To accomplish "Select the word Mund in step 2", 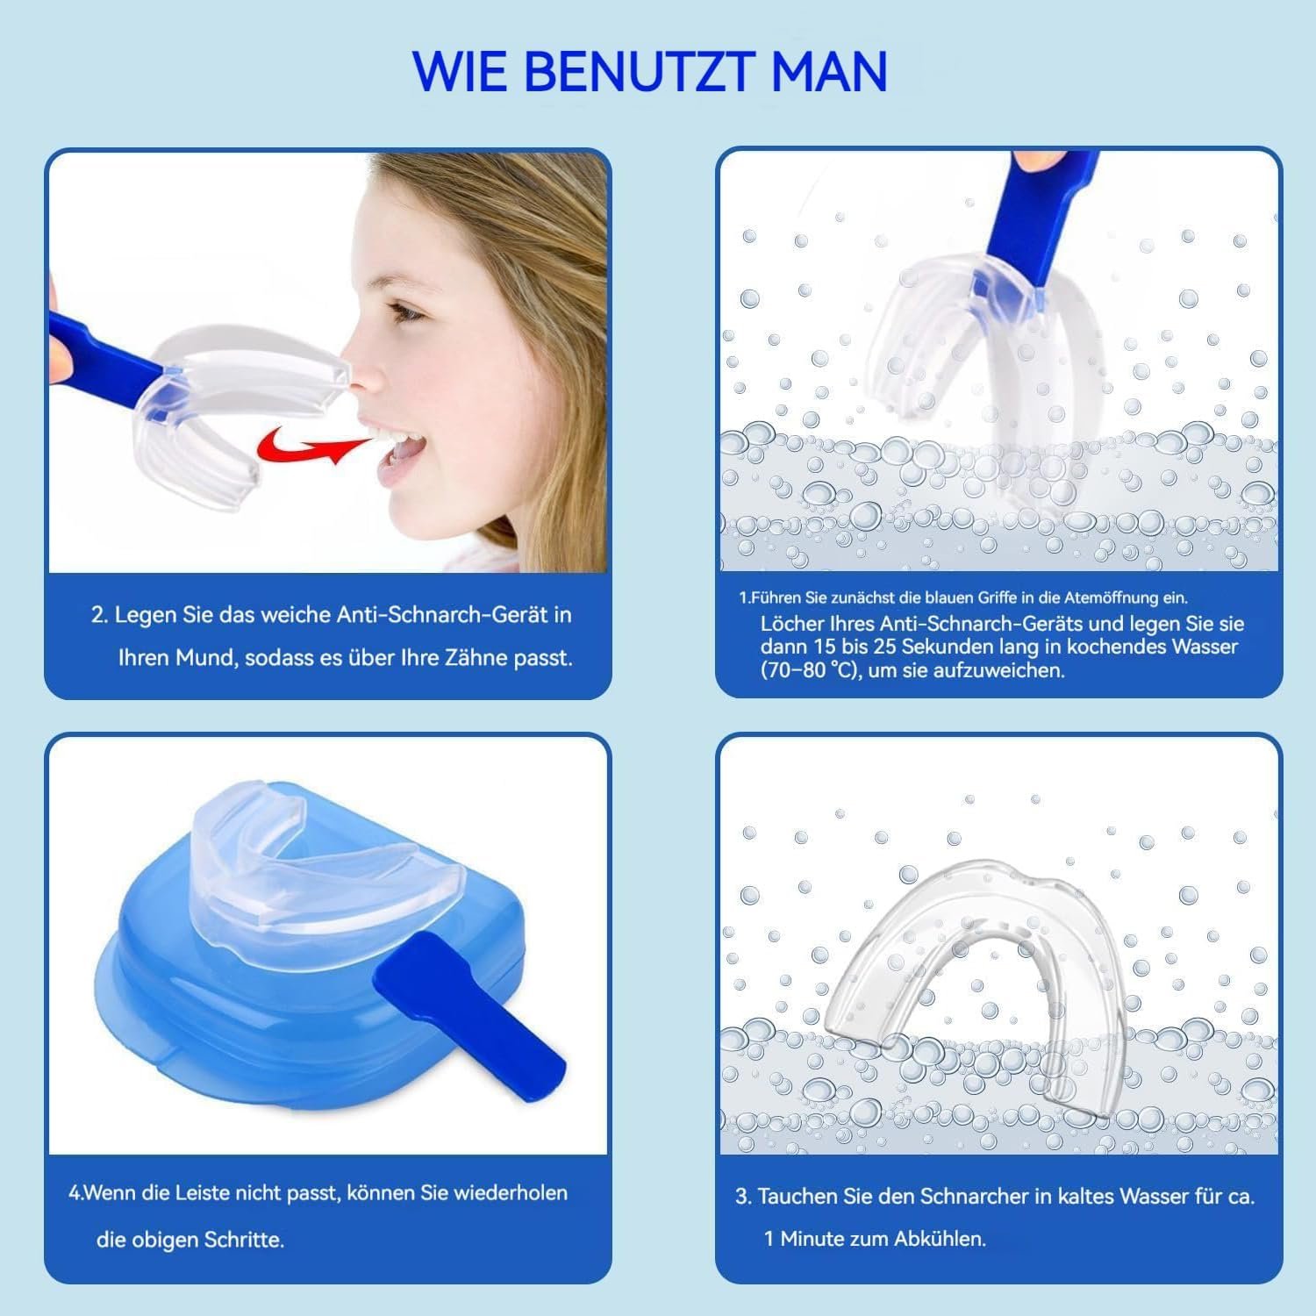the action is (206, 658).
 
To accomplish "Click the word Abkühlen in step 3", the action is (938, 1239).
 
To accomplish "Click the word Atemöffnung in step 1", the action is (1112, 598).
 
